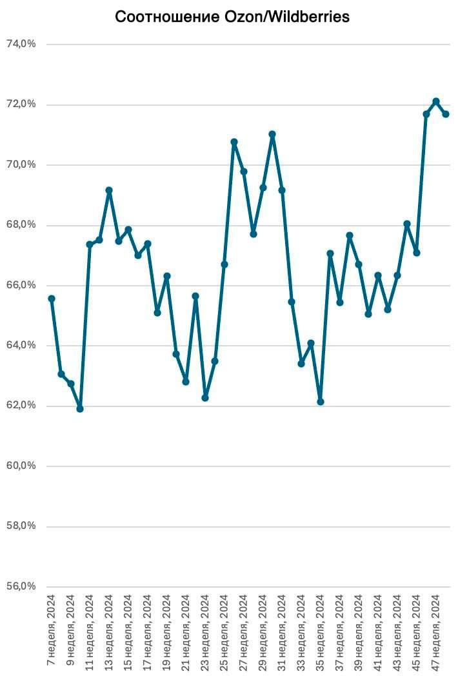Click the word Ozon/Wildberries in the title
click(x=284, y=17)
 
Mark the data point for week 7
click(x=52, y=299)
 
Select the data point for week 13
click(x=109, y=190)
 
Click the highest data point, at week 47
click(x=436, y=101)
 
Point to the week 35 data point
click(x=321, y=402)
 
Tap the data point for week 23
click(x=205, y=398)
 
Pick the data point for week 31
click(x=282, y=190)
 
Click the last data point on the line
click(x=446, y=114)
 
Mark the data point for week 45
click(x=417, y=253)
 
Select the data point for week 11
click(x=90, y=244)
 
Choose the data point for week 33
click(x=301, y=364)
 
